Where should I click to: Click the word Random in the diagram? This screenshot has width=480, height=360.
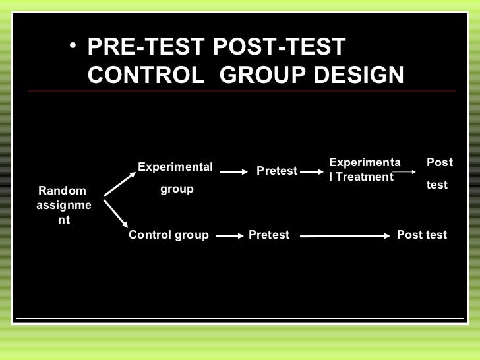tap(62, 191)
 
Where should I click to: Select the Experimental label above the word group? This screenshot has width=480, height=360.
tap(175, 167)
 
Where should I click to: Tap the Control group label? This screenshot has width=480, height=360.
tap(169, 235)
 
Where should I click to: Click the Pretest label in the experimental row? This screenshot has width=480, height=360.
tap(277, 171)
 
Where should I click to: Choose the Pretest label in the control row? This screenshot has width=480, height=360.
tap(269, 235)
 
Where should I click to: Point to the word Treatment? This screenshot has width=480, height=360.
tap(365, 177)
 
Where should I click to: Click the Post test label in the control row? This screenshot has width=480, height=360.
tap(422, 235)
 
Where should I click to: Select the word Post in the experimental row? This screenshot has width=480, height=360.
tap(440, 162)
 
